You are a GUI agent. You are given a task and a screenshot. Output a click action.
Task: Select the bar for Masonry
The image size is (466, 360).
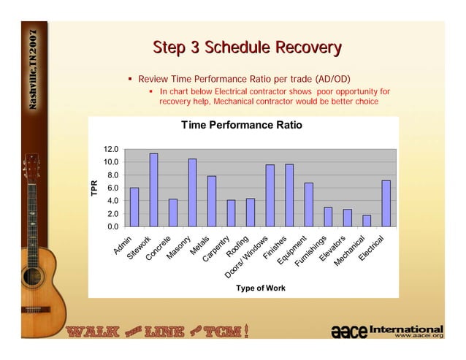click(193, 193)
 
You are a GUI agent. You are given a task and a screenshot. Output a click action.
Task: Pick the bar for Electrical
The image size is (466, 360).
click(386, 203)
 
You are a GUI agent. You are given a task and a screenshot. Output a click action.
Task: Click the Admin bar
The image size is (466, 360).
click(134, 207)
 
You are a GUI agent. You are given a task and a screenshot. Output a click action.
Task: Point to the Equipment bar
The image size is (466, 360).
click(308, 204)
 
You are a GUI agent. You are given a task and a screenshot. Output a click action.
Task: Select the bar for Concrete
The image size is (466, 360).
click(173, 212)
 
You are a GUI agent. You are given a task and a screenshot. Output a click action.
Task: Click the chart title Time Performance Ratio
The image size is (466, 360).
click(241, 126)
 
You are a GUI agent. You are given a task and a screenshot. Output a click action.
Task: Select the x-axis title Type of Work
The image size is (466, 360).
click(260, 288)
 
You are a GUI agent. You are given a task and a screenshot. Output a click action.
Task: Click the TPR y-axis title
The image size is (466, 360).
click(93, 188)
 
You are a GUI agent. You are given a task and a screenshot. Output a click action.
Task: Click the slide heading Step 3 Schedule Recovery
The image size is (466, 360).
click(246, 48)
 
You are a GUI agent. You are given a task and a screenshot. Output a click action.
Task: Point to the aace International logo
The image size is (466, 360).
click(387, 332)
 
